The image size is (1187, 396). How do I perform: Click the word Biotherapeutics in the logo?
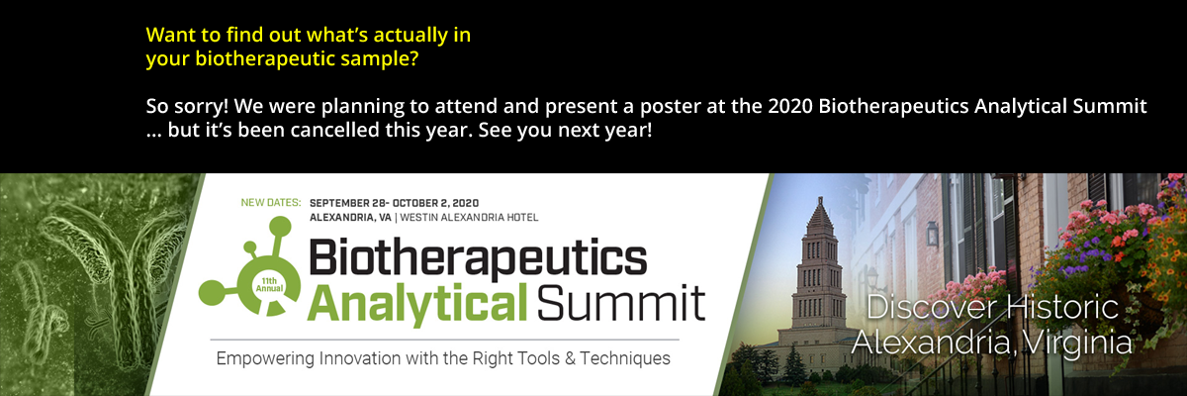[x=478, y=258]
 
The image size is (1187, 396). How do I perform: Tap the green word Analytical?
[x=417, y=304]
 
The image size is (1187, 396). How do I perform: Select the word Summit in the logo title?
[x=620, y=303]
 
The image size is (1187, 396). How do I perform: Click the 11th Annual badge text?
[x=269, y=285]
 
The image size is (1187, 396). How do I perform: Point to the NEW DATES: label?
[x=271, y=203]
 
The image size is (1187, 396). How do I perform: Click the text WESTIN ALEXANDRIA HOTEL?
[x=469, y=218]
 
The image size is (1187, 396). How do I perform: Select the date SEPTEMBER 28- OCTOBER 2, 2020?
[x=394, y=203]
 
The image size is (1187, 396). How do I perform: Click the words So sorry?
[x=187, y=106]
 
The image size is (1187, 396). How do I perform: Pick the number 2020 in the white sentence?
[x=790, y=106]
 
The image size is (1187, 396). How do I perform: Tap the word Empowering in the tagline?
[x=265, y=359]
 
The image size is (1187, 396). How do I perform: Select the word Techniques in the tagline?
[x=625, y=358]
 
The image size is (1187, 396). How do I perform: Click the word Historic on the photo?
[x=1062, y=307]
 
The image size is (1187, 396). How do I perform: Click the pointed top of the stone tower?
[x=820, y=198]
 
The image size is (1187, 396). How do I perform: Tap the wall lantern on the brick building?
[x=932, y=234]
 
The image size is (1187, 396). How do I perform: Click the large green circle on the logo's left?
[x=212, y=293]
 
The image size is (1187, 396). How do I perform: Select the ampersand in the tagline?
[x=570, y=358]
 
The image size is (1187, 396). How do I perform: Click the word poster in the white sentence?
[x=671, y=107]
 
